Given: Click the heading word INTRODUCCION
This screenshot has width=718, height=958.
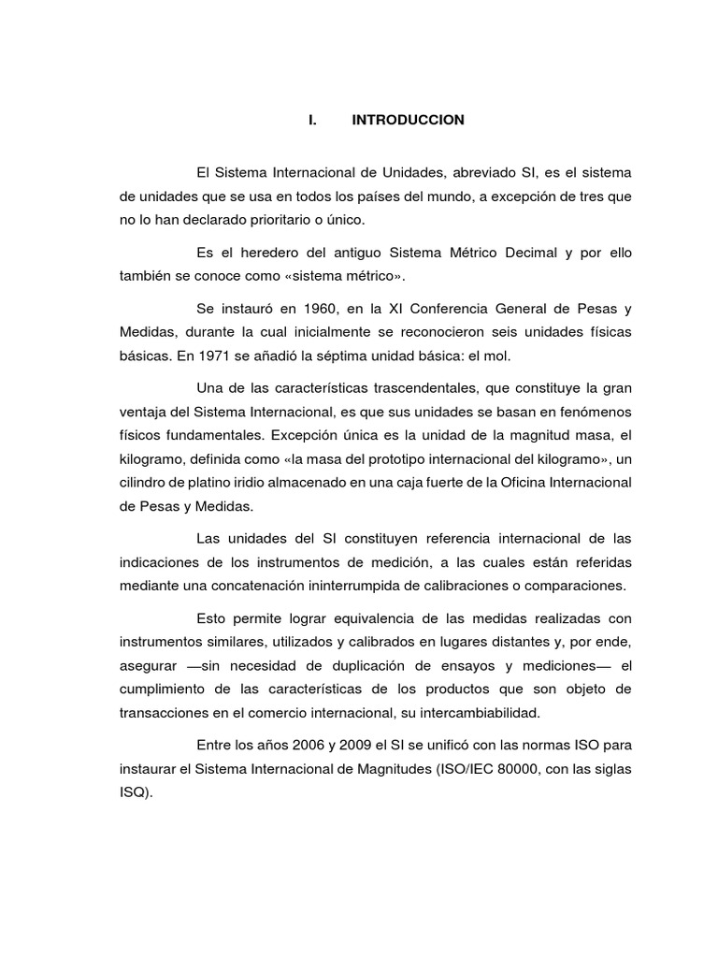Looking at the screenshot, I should [408, 121].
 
